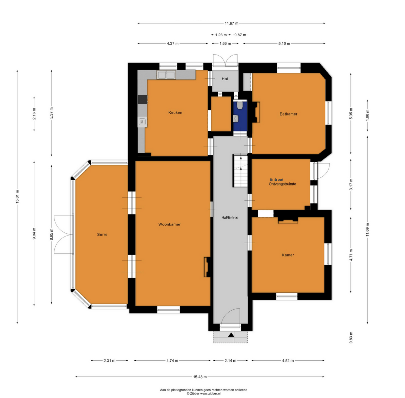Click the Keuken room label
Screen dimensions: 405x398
(x=175, y=113)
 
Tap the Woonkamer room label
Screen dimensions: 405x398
(x=169, y=224)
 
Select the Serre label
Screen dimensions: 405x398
(x=102, y=235)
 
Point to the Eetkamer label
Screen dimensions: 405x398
(x=288, y=114)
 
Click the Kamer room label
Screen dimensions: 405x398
(x=288, y=255)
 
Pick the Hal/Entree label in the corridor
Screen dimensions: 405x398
(x=230, y=218)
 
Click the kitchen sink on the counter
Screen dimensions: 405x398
(x=166, y=75)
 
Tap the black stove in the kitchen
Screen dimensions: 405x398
(x=143, y=100)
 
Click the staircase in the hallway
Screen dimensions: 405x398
(x=240, y=171)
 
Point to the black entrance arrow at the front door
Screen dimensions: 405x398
(x=231, y=335)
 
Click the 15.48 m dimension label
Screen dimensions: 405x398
(x=200, y=377)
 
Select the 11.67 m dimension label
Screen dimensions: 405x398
(x=231, y=23)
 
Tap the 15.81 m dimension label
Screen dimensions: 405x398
(x=17, y=196)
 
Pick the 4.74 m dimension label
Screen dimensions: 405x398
(x=172, y=361)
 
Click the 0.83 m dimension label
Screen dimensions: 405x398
(x=351, y=337)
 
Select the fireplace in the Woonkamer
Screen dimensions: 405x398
(x=207, y=267)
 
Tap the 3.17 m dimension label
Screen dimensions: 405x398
(x=351, y=184)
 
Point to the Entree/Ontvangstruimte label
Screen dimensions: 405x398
(x=282, y=182)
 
